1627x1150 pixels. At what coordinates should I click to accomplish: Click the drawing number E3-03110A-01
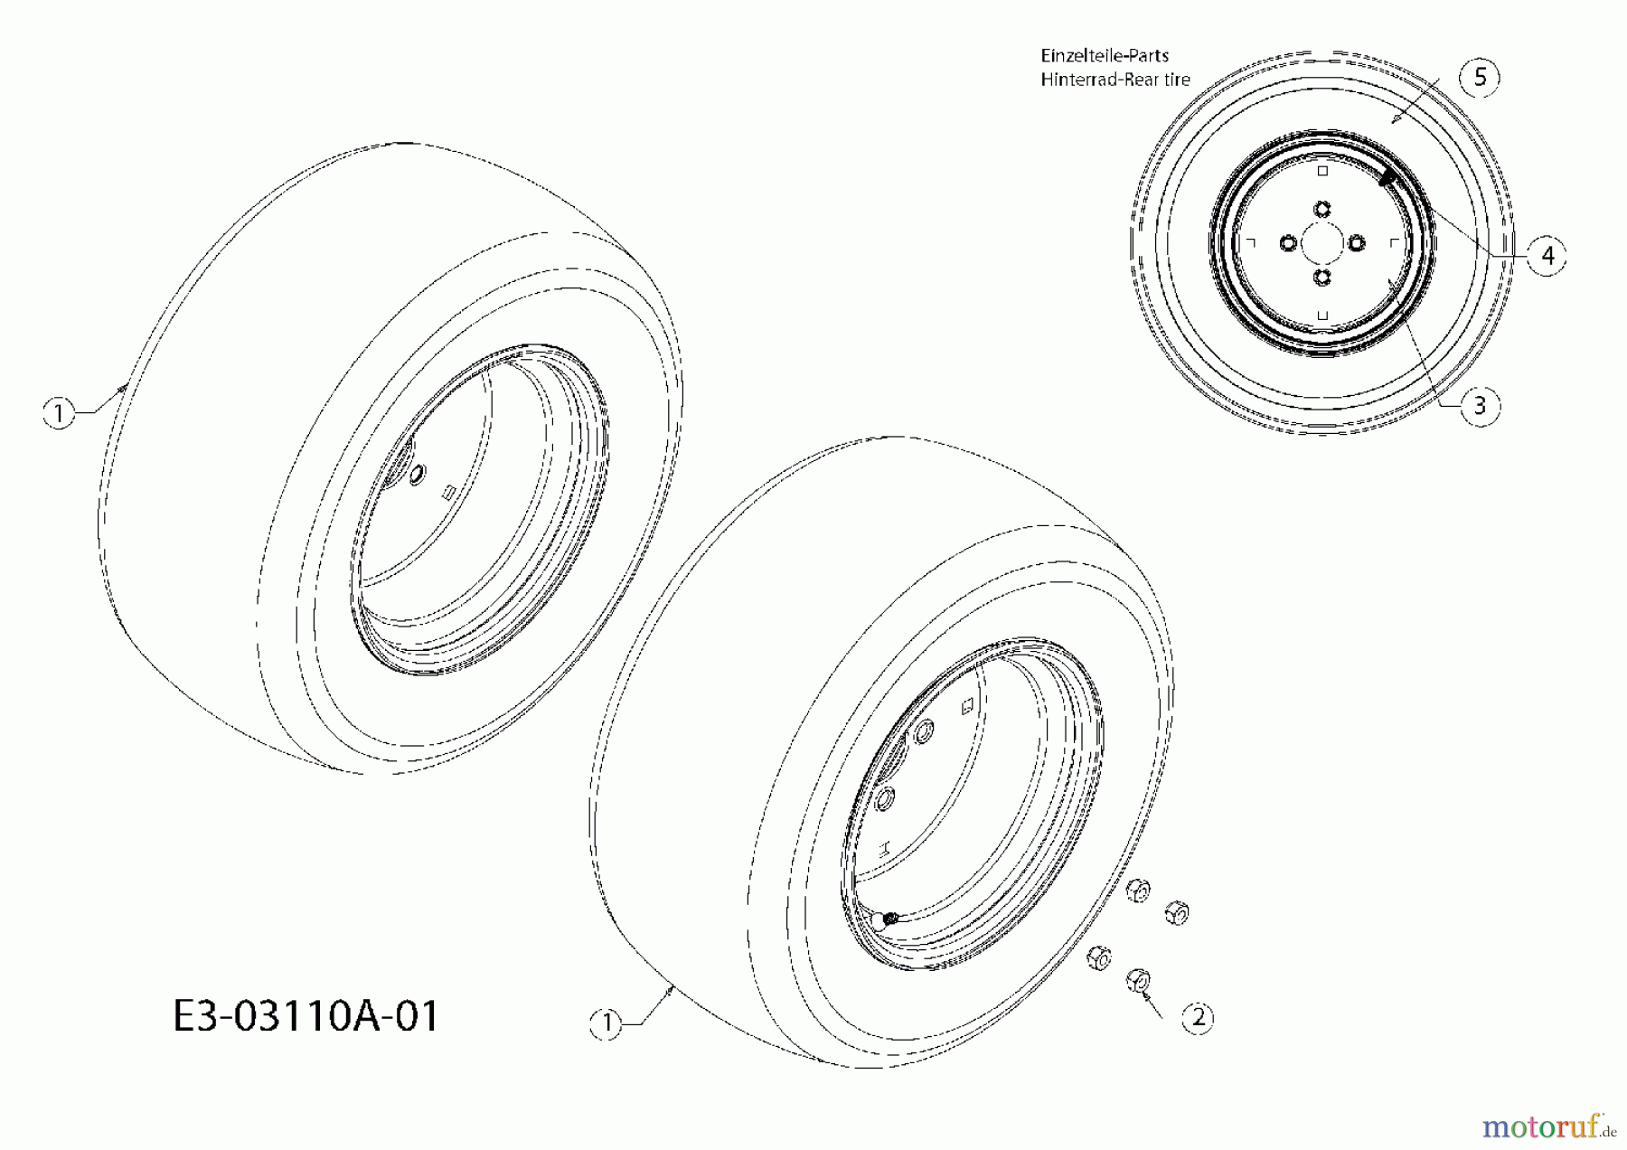pos(306,1016)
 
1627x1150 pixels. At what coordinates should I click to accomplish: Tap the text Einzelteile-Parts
pos(1105,55)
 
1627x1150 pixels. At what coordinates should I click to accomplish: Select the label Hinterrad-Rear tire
pos(1115,80)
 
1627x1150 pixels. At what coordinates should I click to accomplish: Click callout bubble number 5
pos(1480,77)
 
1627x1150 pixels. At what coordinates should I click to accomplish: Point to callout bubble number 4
pos(1547,256)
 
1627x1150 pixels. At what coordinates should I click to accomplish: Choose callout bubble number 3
pos(1480,406)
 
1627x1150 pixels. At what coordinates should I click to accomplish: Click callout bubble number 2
pos(1199,1018)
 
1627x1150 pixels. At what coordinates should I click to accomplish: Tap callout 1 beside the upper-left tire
pos(59,414)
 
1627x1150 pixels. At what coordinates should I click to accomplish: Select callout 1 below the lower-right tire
pos(607,1023)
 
